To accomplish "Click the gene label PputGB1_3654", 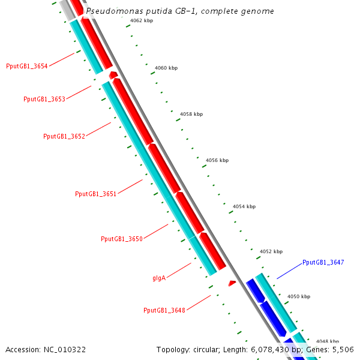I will (27, 66).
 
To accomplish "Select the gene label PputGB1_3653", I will (44, 99).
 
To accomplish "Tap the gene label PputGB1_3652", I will (64, 136).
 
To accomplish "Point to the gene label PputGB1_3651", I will (95, 194).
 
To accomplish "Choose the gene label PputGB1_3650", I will (122, 239).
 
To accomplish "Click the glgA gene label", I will (159, 278).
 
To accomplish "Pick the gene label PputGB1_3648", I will (164, 310).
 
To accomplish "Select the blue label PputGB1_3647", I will (323, 262).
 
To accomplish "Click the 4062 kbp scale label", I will (142, 20).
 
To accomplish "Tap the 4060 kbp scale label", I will (166, 68).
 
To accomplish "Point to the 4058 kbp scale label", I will (191, 114).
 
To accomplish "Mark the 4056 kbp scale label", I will (217, 160).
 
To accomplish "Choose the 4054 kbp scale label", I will (244, 206).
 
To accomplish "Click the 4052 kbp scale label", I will (271, 251).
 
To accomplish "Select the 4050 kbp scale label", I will (299, 296).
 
